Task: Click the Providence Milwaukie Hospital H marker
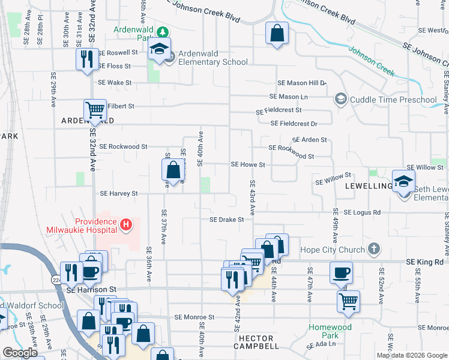click(x=126, y=225)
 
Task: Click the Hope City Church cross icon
click(x=373, y=248)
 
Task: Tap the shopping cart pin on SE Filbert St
click(x=95, y=110)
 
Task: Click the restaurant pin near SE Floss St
click(x=86, y=59)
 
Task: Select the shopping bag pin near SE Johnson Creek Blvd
click(x=277, y=34)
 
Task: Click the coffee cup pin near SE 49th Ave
click(x=341, y=272)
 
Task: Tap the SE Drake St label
click(x=226, y=220)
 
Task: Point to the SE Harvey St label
click(x=119, y=194)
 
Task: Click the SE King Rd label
click(x=424, y=262)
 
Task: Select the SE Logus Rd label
click(x=362, y=212)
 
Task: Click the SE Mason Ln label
click(x=289, y=96)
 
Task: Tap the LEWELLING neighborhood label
click(x=368, y=187)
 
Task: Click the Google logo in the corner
click(x=20, y=353)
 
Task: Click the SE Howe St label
click(x=248, y=164)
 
